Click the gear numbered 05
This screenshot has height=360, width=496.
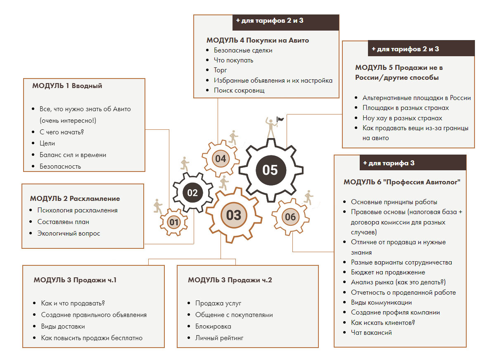pos(270,170)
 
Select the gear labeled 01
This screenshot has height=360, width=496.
pos(174,222)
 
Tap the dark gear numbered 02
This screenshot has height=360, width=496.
pos(192,192)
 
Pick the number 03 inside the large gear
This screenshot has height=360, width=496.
pos(233,215)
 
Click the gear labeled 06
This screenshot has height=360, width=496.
pos(290,217)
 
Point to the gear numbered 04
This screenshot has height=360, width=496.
pos(221,159)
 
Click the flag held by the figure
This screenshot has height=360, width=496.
pos(280,119)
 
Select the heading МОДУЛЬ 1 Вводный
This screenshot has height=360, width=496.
pos(67,86)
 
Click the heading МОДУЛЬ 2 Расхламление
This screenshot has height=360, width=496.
pos(75,198)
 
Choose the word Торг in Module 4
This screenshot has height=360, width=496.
pos(220,70)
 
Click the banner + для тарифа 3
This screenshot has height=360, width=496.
pos(389,163)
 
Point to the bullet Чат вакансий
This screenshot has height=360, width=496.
pos(371,332)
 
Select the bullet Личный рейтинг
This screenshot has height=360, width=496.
pos(219,338)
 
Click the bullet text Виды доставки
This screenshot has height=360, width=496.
pos(63,326)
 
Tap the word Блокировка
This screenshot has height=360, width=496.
pos(213,326)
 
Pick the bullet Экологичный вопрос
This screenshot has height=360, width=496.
pos(69,233)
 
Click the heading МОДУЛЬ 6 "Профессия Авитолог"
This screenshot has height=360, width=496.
pos(402,182)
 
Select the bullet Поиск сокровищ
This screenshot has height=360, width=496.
pos(239,90)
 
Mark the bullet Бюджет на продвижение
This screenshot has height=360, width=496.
pos(388,272)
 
